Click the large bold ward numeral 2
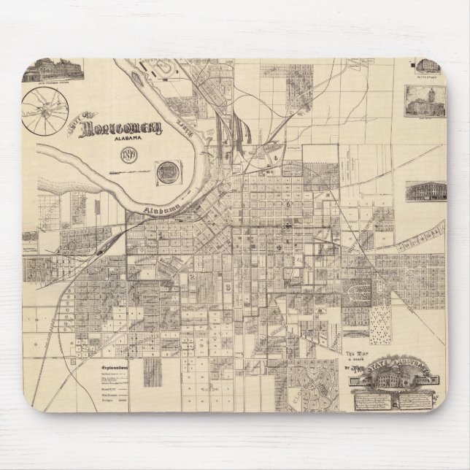point(192,279)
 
